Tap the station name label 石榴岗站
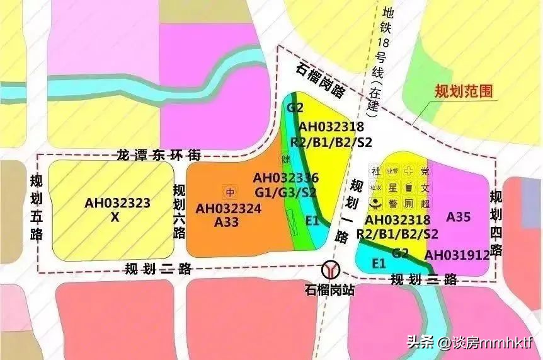click(329, 291)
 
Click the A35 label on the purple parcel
click(459, 217)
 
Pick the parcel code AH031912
click(457, 255)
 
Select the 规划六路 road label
click(179, 211)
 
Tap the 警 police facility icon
click(392, 203)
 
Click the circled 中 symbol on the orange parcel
click(230, 191)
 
